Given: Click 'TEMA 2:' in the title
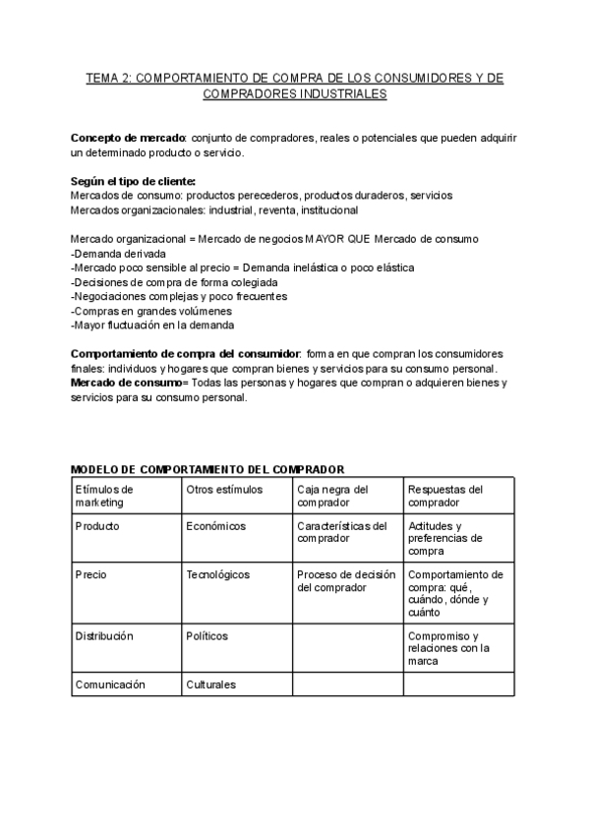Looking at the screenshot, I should point(108,78).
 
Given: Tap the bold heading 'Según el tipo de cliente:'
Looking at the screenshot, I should point(133,181).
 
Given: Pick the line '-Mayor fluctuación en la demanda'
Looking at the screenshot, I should point(152,325).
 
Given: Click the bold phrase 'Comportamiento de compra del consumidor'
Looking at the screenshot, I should point(186,353).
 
